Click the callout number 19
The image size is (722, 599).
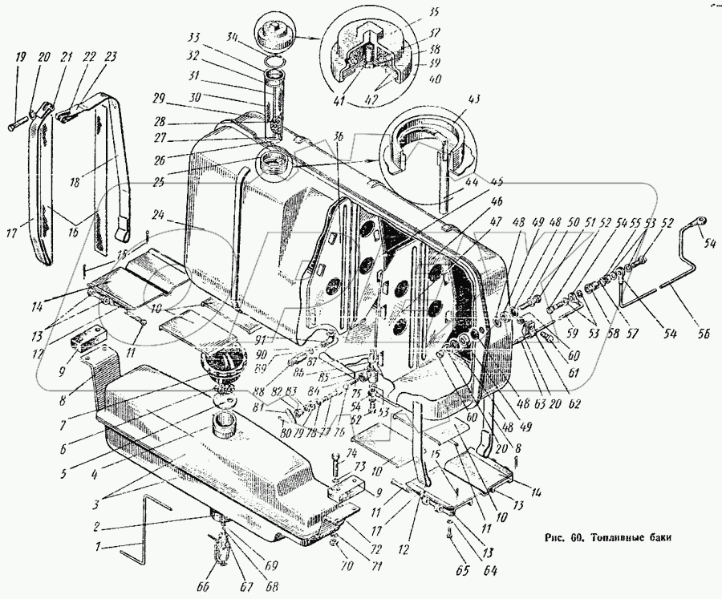pyautogui.click(x=18, y=57)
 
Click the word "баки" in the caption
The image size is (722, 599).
pyautogui.click(x=653, y=537)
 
